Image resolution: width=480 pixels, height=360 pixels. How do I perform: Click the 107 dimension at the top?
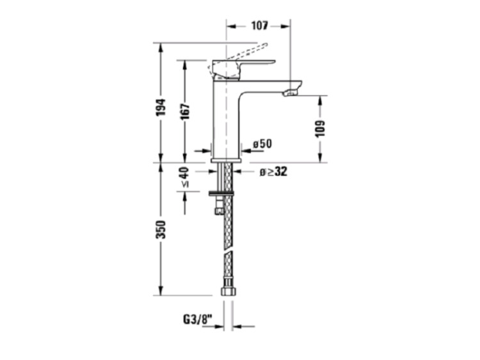260,26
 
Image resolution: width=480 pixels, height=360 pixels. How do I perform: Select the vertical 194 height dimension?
161,107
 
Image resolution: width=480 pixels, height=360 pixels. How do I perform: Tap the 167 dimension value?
185,111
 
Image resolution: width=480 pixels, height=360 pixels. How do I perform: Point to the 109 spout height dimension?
320,129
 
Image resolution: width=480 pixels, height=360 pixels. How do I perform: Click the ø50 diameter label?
262,144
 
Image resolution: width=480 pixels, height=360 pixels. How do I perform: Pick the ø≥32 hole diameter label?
273,172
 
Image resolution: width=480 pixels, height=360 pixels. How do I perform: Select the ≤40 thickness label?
185,177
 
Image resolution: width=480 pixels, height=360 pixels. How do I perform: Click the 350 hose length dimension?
161,230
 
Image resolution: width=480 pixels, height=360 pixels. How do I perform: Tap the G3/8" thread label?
198,320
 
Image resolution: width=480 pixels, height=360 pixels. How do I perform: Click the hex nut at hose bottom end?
228,290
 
